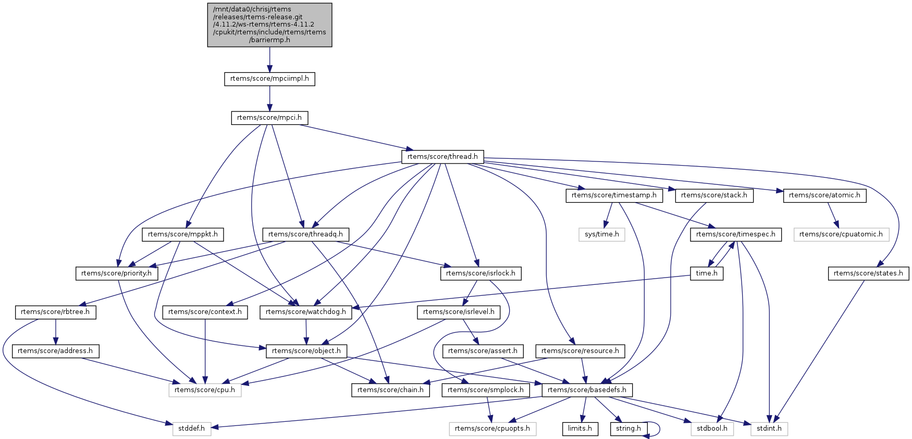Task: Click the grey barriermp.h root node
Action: pos(269,25)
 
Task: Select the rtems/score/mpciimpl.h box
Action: pos(269,79)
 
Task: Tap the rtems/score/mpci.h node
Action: pos(269,118)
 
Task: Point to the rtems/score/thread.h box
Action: pos(442,156)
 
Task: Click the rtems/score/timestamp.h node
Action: pos(614,195)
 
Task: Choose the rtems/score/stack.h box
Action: pos(714,195)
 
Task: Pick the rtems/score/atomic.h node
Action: pos(824,195)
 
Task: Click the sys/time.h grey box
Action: pos(601,234)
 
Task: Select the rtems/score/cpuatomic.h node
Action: pos(841,234)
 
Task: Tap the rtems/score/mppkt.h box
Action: pos(182,234)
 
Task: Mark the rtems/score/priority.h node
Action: pos(117,273)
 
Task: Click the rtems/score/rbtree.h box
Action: pos(55,312)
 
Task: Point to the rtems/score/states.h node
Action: pos(868,273)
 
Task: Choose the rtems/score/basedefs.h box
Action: pos(587,390)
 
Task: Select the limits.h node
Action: pos(580,429)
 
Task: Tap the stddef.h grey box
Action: pos(192,429)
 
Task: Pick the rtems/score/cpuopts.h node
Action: pos(492,429)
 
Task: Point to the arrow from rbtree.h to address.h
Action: pos(55,331)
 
